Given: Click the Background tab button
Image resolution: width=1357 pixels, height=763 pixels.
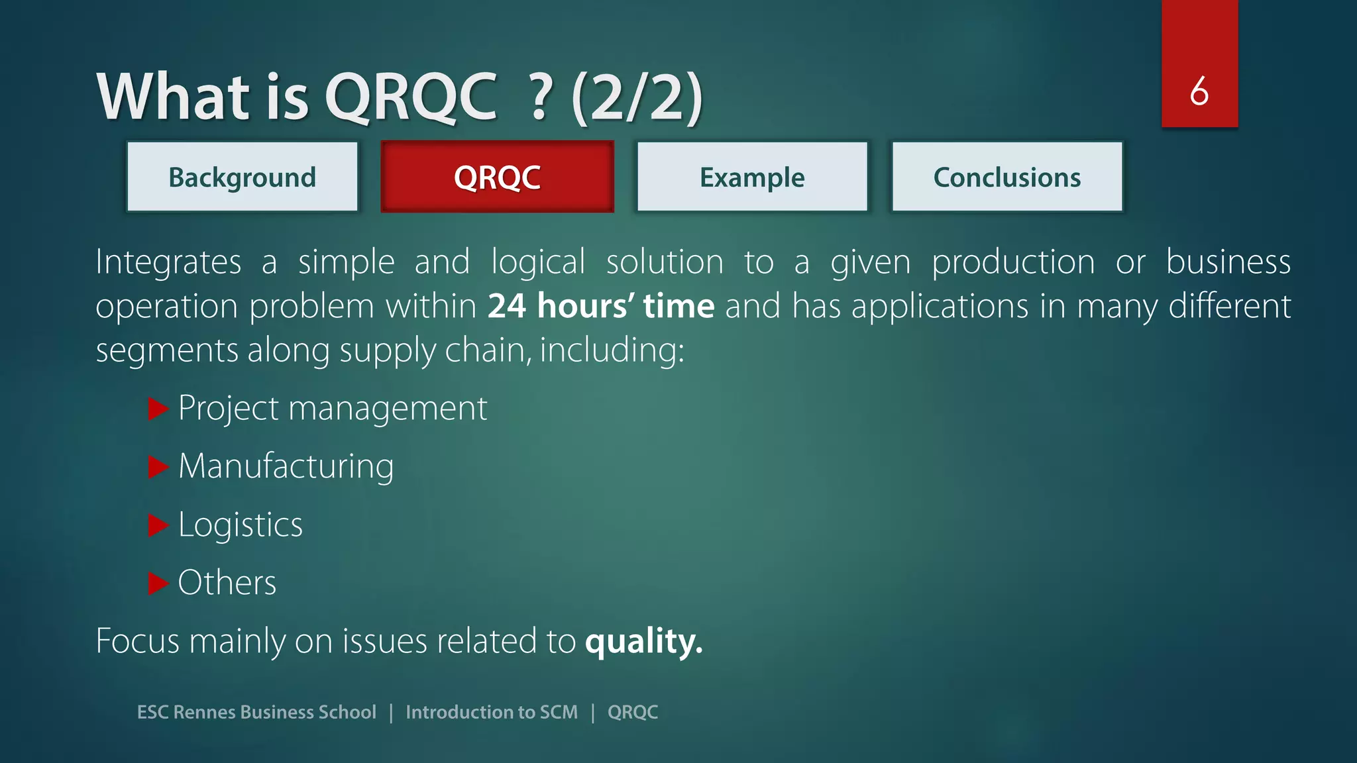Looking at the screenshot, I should (x=243, y=177).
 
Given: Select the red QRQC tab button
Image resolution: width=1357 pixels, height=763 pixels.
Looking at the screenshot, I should (x=497, y=177).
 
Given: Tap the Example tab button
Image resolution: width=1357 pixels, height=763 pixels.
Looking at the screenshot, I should (x=752, y=177).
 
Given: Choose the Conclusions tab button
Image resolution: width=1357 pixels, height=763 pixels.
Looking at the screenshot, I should (x=1007, y=177).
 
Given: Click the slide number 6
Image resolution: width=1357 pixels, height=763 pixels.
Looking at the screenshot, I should (x=1199, y=91).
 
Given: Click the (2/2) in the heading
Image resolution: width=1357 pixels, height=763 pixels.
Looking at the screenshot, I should (x=637, y=97).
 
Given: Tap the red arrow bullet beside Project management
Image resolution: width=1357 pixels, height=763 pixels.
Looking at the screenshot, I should (x=158, y=409).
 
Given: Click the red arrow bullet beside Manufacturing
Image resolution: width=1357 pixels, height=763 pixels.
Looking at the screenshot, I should (x=158, y=467).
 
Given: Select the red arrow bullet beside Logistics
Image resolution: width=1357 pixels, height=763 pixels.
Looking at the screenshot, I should (x=158, y=525).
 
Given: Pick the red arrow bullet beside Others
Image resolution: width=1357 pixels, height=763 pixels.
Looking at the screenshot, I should (x=158, y=584).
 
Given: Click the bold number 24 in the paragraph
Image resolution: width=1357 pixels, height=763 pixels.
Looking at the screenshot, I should (x=507, y=306).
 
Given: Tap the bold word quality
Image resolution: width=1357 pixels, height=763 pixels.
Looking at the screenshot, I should (x=643, y=641).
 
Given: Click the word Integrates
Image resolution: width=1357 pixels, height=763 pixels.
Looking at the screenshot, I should (x=168, y=262).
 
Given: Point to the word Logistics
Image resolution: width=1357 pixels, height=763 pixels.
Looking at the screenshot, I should (x=241, y=525).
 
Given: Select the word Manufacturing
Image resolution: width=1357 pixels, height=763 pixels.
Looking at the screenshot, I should (x=286, y=467).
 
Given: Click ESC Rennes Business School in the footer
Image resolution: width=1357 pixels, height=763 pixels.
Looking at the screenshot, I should (x=256, y=712).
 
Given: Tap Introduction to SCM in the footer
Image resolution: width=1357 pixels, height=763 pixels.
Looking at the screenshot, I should (x=492, y=712).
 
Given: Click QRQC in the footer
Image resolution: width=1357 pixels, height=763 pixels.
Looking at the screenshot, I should (x=633, y=712).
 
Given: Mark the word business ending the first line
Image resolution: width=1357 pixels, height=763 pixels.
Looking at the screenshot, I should (x=1228, y=262).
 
